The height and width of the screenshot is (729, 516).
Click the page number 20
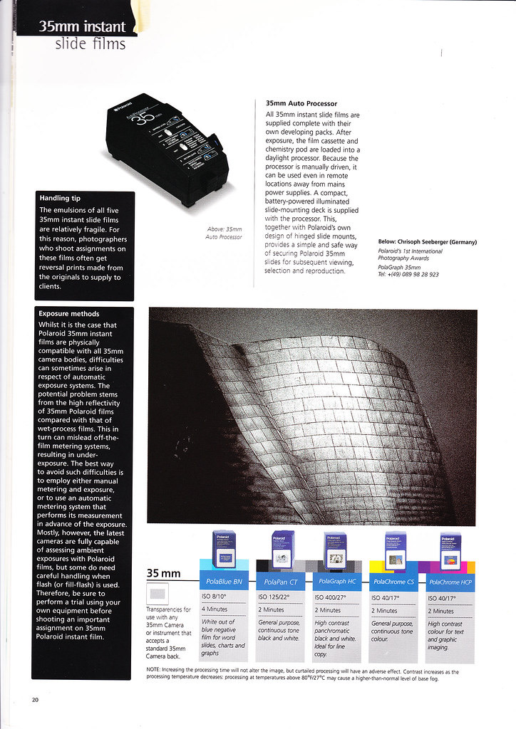coord(35,700)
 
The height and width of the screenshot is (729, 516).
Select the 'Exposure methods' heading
coord(69,313)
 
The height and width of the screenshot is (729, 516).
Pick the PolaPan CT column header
coord(278,581)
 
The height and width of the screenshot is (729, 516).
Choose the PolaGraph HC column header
coord(335,581)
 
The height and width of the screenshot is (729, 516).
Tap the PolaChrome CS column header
coord(392,581)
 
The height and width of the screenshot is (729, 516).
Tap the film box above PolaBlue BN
coord(224,549)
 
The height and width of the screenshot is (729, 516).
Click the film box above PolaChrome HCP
coord(450,550)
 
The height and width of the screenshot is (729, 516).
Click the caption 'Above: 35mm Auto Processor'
coord(224,233)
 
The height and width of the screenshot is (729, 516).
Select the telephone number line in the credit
coord(408,274)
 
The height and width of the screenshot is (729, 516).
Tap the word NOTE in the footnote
coord(153,670)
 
